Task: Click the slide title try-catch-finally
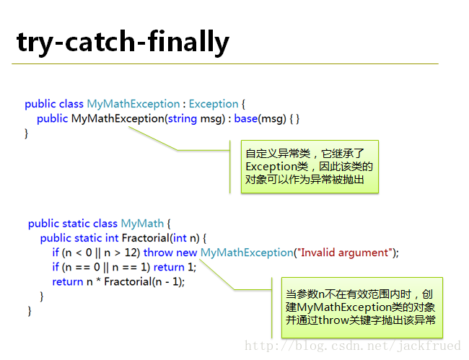pyautogui.click(x=123, y=42)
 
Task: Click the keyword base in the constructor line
pyautogui.click(x=245, y=119)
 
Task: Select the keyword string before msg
pyautogui.click(x=182, y=119)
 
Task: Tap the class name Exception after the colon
pyautogui.click(x=214, y=104)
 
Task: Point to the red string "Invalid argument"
pyautogui.click(x=343, y=253)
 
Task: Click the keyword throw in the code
pyautogui.click(x=158, y=253)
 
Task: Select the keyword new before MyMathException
pyautogui.click(x=186, y=253)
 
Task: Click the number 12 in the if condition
pyautogui.click(x=131, y=253)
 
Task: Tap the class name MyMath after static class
pyautogui.click(x=142, y=224)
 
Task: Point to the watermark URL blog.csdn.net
pyautogui.click(x=353, y=346)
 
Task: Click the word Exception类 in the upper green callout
pyautogui.click(x=277, y=167)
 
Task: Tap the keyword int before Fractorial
pyautogui.click(x=112, y=238)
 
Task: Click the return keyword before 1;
pyautogui.click(x=169, y=267)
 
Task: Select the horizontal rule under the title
pyautogui.click(x=225, y=63)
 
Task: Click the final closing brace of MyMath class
pyautogui.click(x=30, y=311)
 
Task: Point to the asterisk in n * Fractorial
pyautogui.click(x=98, y=281)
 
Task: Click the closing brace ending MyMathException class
pyautogui.click(x=26, y=133)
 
